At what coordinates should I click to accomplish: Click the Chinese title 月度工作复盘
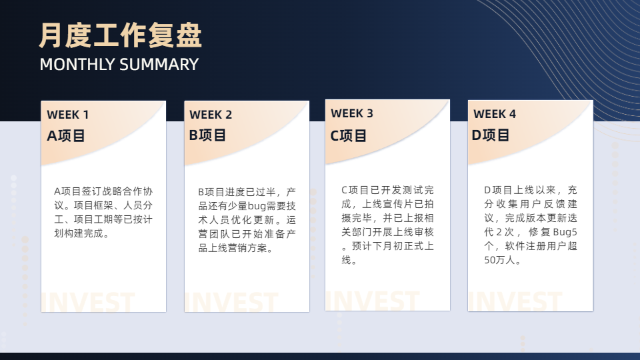(121, 35)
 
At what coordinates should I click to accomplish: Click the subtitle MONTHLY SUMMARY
(119, 65)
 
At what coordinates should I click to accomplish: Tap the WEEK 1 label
(68, 115)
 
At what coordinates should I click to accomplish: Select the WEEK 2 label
(211, 115)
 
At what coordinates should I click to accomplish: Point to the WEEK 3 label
(352, 113)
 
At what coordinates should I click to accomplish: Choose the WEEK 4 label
(495, 114)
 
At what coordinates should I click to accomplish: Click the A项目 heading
(66, 135)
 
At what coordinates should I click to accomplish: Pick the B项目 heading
(207, 135)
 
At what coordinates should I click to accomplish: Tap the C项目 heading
(348, 135)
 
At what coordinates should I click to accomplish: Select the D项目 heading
(490, 135)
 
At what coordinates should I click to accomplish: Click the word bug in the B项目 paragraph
(257, 206)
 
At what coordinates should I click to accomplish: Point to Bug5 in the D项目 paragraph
(565, 232)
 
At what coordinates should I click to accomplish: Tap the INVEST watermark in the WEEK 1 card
(88, 303)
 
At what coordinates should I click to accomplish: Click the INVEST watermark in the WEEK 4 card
(515, 301)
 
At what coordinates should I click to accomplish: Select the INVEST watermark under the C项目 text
(373, 301)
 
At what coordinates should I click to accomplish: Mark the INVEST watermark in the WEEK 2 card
(231, 303)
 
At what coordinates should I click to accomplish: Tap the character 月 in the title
(51, 35)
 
